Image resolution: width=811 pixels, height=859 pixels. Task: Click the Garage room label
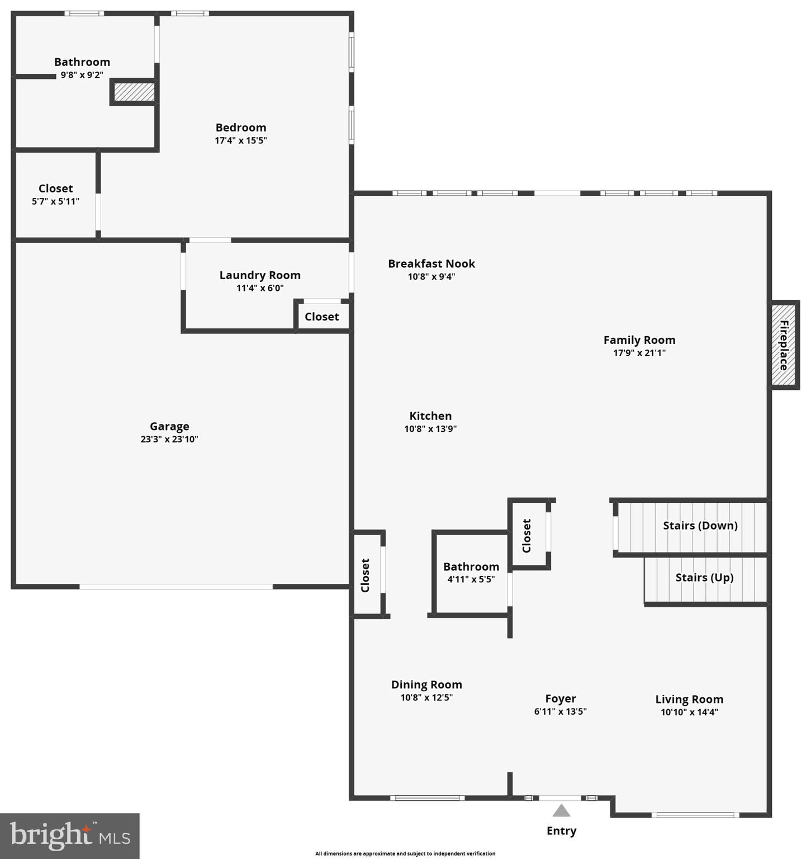pyautogui.click(x=169, y=427)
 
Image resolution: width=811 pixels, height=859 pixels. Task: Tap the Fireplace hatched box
pyautogui.click(x=784, y=344)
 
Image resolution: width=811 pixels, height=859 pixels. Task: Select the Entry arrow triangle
pyautogui.click(x=561, y=811)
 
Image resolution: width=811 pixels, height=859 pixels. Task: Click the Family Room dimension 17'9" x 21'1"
pyautogui.click(x=639, y=353)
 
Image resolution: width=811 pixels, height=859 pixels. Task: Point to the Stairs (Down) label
pyautogui.click(x=700, y=526)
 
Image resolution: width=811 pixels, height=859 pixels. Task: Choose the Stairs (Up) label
pyautogui.click(x=704, y=578)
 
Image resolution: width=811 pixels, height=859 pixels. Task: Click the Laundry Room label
pyautogui.click(x=260, y=275)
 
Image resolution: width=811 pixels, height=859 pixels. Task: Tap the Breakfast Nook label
pyautogui.click(x=431, y=263)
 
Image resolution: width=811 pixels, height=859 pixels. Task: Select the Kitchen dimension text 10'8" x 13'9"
pyautogui.click(x=430, y=429)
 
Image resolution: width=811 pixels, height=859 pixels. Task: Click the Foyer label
pyautogui.click(x=561, y=699)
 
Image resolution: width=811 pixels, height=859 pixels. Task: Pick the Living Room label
pyautogui.click(x=689, y=700)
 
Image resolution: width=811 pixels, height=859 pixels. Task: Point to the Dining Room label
pyautogui.click(x=426, y=685)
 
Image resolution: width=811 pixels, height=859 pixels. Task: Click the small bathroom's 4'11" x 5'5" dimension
pyautogui.click(x=471, y=579)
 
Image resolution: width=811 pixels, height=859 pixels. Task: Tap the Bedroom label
pyautogui.click(x=241, y=128)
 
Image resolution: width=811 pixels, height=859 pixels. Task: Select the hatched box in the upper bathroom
pyautogui.click(x=134, y=92)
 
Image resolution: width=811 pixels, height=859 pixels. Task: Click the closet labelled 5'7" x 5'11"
pyautogui.click(x=55, y=195)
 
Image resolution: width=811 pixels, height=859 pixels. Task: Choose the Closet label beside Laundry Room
pyautogui.click(x=322, y=317)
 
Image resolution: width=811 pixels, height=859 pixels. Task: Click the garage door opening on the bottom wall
pyautogui.click(x=176, y=587)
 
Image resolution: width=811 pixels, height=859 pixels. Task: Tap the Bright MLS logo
pyautogui.click(x=70, y=836)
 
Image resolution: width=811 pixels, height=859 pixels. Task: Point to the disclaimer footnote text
pyautogui.click(x=405, y=853)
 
